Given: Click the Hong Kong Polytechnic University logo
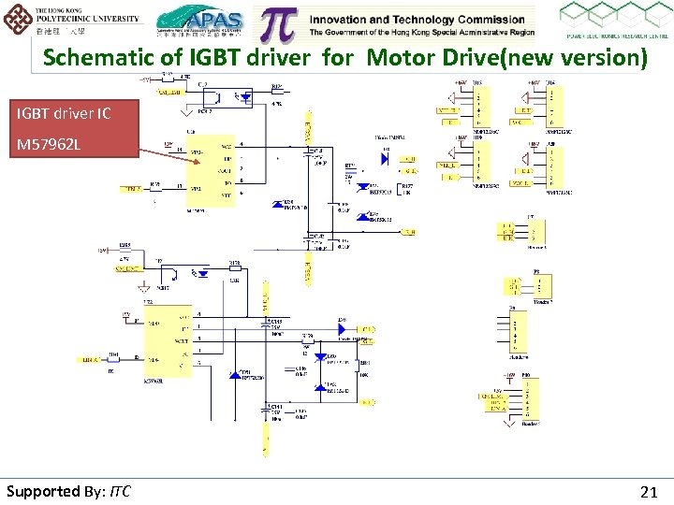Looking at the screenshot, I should (72, 20).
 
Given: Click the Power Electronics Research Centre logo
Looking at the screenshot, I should (613, 21).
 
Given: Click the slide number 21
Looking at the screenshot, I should (648, 491).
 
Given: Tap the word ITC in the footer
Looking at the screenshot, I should (120, 491).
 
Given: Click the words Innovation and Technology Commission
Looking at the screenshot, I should (417, 19).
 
